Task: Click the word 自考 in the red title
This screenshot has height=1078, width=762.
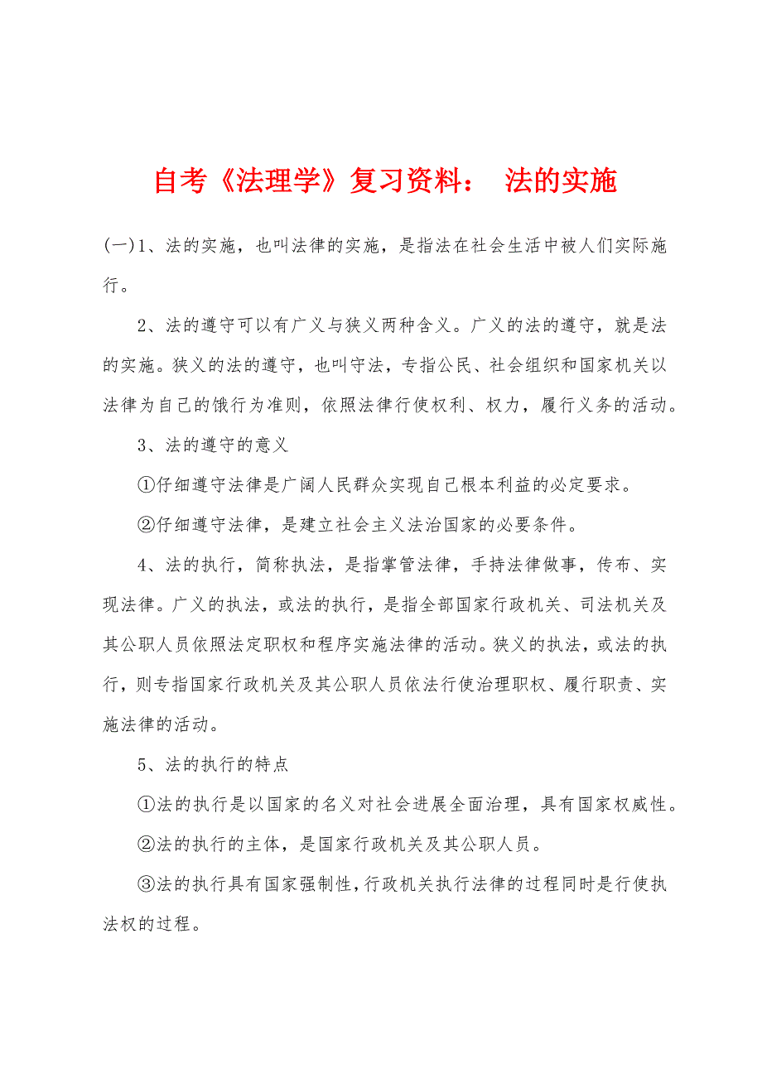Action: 179,180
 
